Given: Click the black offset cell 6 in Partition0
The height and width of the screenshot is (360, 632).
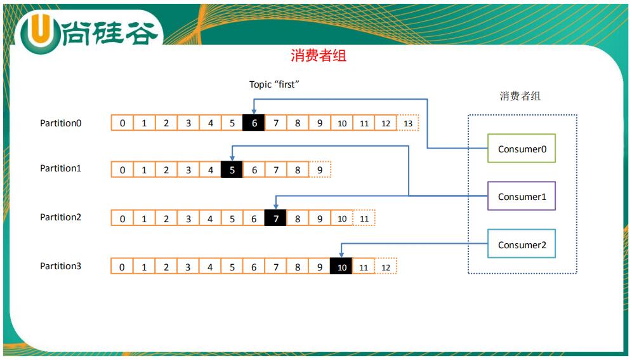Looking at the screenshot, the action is coord(254,123).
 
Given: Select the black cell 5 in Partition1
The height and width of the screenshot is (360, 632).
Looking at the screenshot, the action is coord(232,170).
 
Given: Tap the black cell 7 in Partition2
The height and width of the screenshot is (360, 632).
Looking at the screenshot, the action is coord(275,218).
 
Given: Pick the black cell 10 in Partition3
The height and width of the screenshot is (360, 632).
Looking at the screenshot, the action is coord(341,267).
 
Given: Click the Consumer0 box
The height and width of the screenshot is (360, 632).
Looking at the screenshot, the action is coord(522,149).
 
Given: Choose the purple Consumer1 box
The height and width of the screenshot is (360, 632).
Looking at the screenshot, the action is coord(522,197).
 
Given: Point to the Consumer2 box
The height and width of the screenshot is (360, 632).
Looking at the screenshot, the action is coord(522,245).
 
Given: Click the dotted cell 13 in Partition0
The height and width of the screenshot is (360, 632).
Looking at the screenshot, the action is coord(408,123).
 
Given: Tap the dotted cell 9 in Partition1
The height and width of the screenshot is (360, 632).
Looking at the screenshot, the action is coord(320,170).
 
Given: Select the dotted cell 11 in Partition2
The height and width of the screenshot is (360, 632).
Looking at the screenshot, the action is coord(364,218).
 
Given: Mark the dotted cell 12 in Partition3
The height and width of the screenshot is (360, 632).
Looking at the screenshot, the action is coord(386,267).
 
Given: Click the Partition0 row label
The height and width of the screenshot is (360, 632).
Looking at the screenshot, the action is coord(61,123).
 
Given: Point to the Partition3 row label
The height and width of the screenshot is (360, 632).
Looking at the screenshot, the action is coord(61,266).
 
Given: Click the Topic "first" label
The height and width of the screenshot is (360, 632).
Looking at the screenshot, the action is coord(273,84).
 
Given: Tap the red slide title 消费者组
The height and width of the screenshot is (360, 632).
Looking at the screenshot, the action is coord(319,56).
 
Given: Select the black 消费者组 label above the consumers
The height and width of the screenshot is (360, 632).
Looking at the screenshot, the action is coord(520,97).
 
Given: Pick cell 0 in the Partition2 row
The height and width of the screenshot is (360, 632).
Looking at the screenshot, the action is coord(122,218).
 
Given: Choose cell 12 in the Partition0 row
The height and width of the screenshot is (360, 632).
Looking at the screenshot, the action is coord(386,123).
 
